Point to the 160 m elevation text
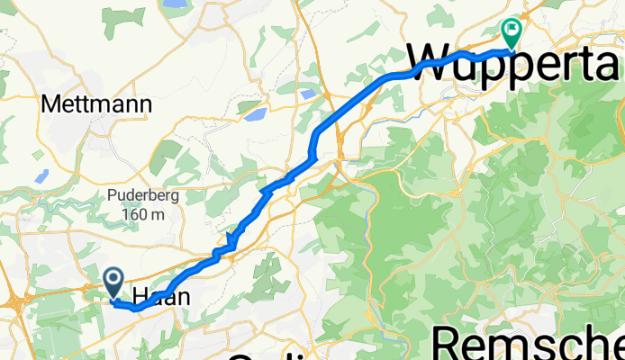click(x=144, y=215)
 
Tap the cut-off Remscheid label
click(x=528, y=345)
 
